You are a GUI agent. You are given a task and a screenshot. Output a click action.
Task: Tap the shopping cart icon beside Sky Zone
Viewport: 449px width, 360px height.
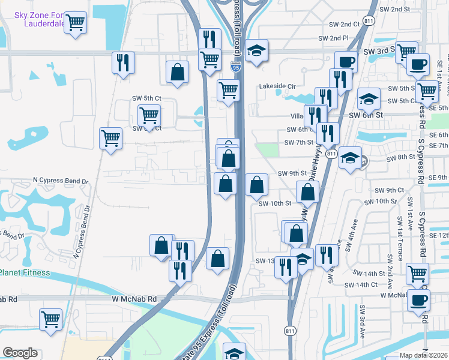point(75,23)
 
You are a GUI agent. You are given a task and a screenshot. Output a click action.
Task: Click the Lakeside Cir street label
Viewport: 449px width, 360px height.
point(279,86)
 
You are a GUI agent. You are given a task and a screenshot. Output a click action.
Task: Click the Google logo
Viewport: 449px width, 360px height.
point(20,353)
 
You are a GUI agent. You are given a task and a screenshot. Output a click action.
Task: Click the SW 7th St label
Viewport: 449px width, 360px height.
point(299,142)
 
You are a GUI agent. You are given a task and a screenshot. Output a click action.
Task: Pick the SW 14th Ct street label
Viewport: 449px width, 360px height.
point(365,284)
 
